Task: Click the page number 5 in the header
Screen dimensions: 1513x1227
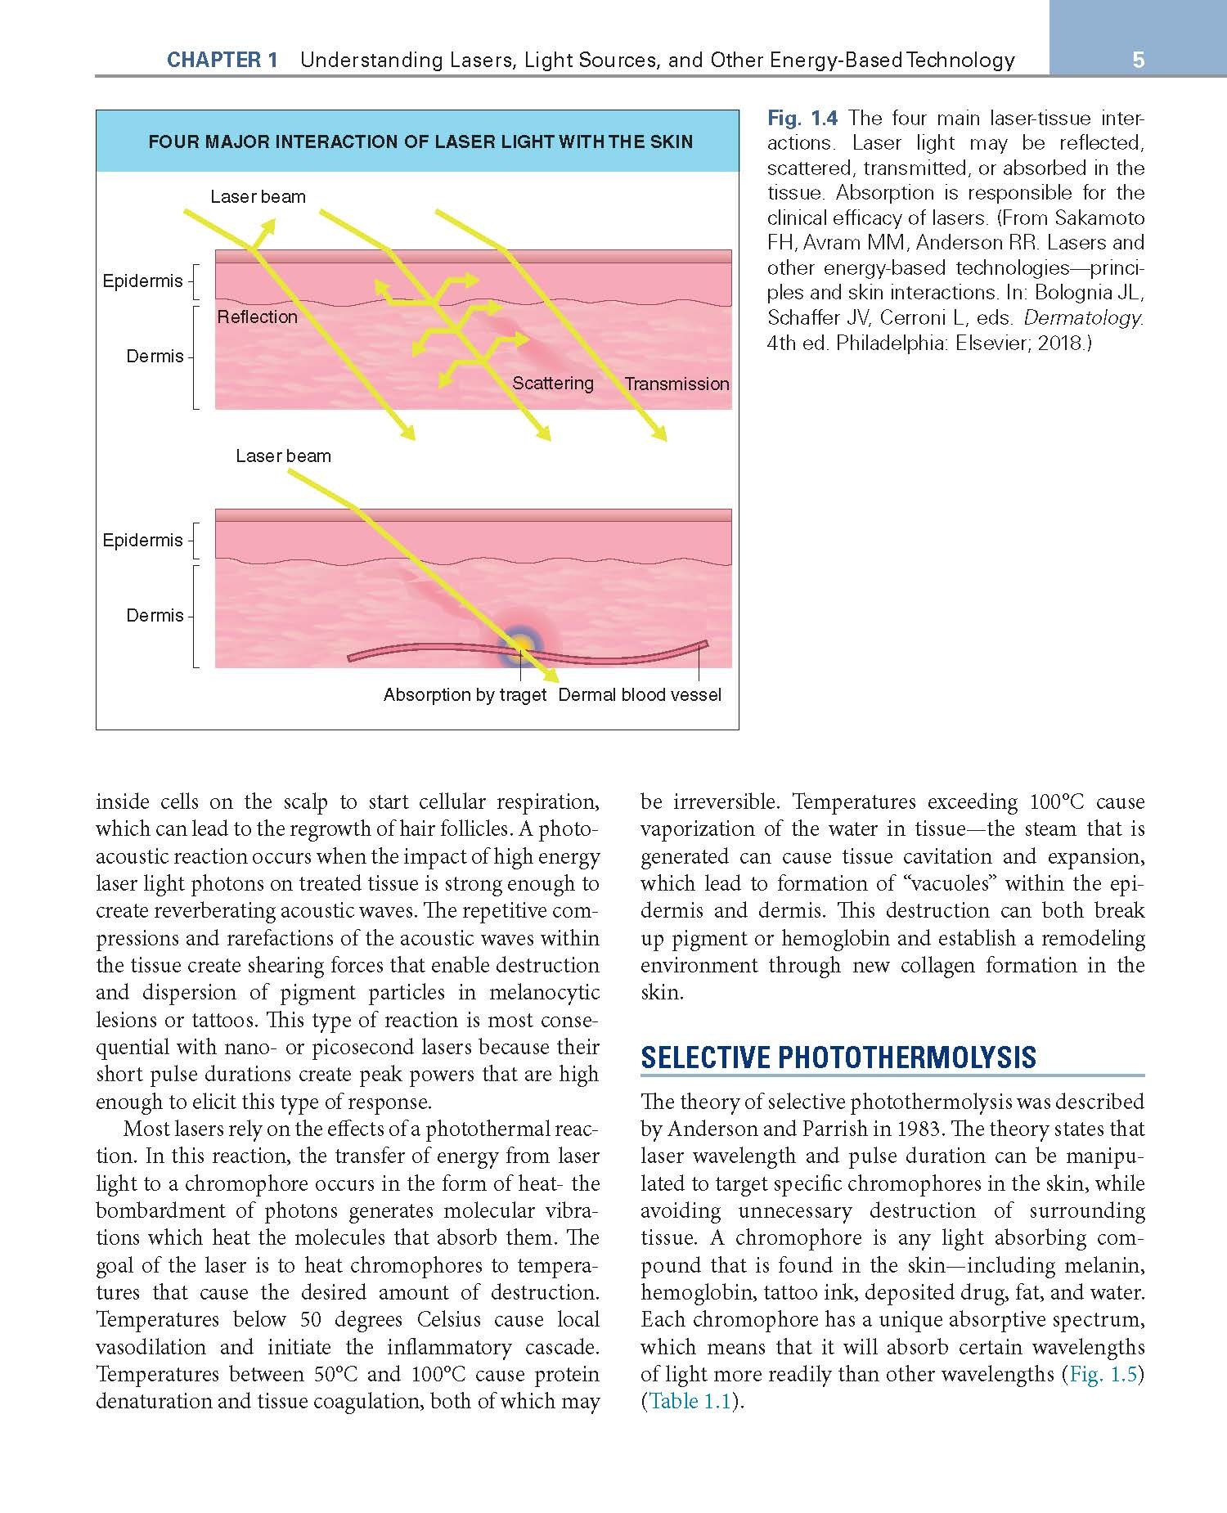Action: point(1138,60)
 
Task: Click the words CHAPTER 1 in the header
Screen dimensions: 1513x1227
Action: point(222,60)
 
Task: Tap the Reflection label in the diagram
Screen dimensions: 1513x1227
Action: point(257,317)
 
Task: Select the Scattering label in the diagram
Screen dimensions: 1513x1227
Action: point(553,384)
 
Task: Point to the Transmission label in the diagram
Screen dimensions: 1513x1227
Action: point(676,384)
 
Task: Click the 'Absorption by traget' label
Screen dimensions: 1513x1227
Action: point(465,695)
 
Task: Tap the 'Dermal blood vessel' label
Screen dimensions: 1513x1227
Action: point(640,695)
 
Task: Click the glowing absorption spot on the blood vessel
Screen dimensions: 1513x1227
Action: point(519,645)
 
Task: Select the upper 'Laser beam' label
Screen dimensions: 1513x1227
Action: point(258,197)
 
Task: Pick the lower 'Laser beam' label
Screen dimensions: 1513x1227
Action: point(283,456)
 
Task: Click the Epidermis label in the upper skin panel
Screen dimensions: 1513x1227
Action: point(142,281)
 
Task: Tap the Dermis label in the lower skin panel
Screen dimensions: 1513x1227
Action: point(155,616)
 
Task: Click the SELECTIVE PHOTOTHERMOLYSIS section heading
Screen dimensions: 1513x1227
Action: point(838,1057)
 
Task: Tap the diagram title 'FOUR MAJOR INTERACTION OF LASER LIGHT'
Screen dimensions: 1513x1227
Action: point(420,142)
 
